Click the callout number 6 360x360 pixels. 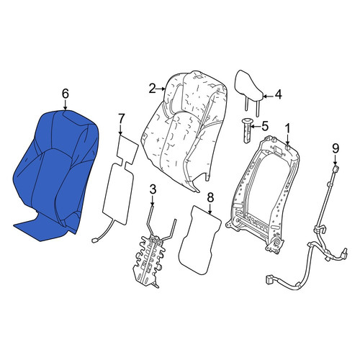[66, 94]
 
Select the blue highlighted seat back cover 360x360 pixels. [56, 175]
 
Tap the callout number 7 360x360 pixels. [122, 119]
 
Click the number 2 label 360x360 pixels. [153, 89]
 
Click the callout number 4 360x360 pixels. [278, 95]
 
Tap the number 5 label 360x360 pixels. [265, 126]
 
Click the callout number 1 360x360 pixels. [287, 129]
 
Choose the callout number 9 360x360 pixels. [336, 148]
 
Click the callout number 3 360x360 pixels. [153, 189]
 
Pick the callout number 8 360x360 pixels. [210, 198]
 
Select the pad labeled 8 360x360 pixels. [199, 240]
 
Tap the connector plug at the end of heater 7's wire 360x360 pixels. [94, 240]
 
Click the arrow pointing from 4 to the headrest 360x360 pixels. [269, 96]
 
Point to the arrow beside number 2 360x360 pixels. [161, 89]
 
